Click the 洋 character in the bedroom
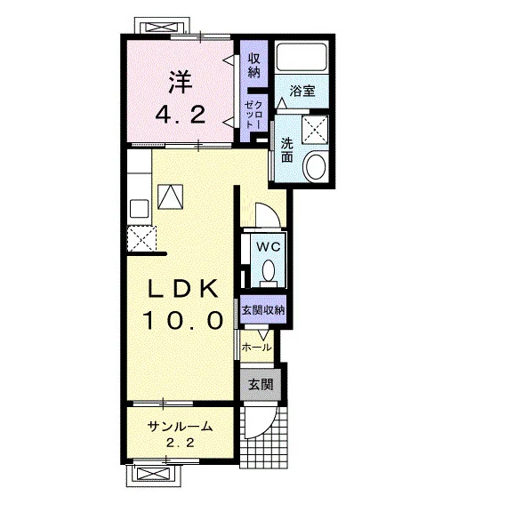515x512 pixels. (181, 82)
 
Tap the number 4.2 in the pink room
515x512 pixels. (181, 115)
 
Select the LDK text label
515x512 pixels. (183, 289)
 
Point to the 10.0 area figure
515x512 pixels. (183, 320)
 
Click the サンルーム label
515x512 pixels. (180, 427)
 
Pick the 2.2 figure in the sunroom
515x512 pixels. (180, 443)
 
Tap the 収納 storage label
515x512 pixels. (253, 65)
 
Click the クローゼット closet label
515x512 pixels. (253, 114)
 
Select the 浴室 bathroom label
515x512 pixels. (302, 91)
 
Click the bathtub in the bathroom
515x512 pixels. (302, 57)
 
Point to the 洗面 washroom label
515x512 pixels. (286, 150)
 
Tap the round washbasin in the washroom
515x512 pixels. (316, 165)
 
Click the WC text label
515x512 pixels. (269, 246)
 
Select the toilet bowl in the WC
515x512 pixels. (269, 270)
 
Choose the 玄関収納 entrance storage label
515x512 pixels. (263, 310)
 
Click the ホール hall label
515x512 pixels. (256, 348)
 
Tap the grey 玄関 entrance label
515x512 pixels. (261, 384)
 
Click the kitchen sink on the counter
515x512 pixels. (140, 208)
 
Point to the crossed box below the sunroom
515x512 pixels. (154, 473)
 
